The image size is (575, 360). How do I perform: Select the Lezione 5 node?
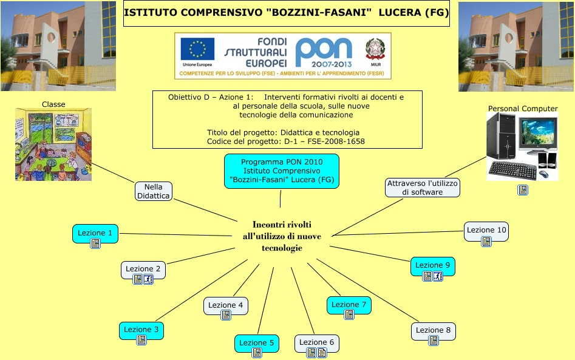click(x=256, y=344)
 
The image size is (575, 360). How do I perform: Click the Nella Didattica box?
click(x=154, y=191)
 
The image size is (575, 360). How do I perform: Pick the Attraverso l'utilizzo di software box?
click(x=422, y=188)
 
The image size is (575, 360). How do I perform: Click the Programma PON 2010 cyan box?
click(x=282, y=171)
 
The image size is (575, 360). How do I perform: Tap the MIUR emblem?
click(x=375, y=49)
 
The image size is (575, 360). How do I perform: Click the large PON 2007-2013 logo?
click(x=323, y=52)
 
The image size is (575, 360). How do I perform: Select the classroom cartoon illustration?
click(x=53, y=144)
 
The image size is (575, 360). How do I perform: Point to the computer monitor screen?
click(x=537, y=133)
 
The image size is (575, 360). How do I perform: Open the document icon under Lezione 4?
click(x=226, y=315)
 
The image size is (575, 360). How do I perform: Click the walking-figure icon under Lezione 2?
click(x=148, y=279)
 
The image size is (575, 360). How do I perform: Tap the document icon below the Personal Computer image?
click(x=522, y=190)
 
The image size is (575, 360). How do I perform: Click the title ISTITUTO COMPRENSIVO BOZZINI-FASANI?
click(x=286, y=13)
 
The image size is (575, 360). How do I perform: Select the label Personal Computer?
click(x=523, y=109)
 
